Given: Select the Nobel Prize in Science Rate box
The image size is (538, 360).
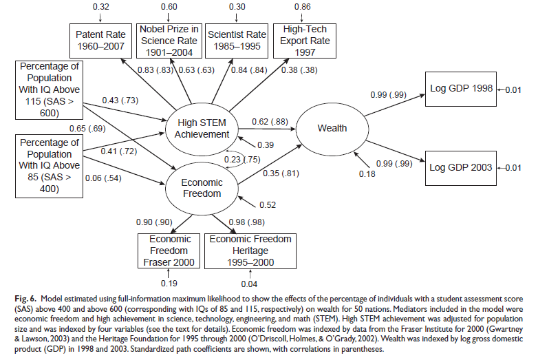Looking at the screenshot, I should (x=169, y=41).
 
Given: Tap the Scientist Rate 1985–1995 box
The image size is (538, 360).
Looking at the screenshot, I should (x=236, y=41).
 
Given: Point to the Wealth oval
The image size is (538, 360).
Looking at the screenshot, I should (x=332, y=128).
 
